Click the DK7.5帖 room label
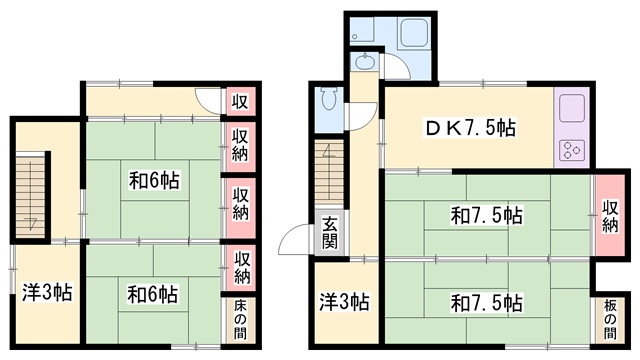point(471,129)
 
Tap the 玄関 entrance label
point(329,233)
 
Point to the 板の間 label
point(610,320)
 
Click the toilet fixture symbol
point(328,98)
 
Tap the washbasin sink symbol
point(363,62)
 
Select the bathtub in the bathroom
point(414,32)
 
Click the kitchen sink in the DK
point(572,108)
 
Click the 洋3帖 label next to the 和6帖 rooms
point(47,292)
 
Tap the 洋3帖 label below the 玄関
point(344,302)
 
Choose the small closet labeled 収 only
point(240,101)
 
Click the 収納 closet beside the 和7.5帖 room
point(610,216)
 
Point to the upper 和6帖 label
point(154,180)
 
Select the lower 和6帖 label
point(153,294)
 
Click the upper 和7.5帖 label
point(487,216)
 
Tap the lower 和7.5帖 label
point(487,303)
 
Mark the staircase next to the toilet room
point(329,171)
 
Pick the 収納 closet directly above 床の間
point(241,267)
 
